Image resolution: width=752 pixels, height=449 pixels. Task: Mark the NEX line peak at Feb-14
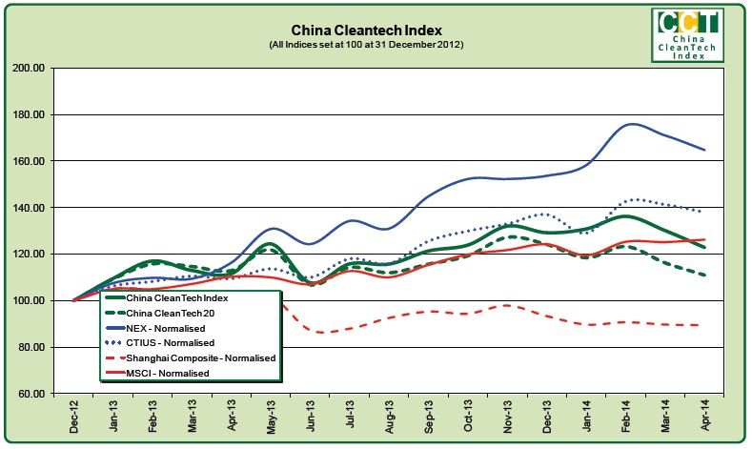click(x=632, y=124)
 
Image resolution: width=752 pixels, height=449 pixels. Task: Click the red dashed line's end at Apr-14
click(x=703, y=325)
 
